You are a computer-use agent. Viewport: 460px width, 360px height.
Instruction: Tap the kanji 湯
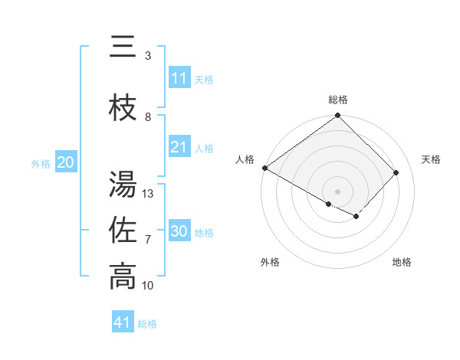123,184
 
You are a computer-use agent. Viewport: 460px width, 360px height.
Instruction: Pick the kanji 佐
123,231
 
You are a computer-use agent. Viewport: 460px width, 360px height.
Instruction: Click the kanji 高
123,277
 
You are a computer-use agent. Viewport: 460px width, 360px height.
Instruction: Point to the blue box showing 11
179,78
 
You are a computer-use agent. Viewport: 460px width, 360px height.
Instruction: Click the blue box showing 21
179,147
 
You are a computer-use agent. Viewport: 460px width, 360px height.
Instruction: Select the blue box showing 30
179,231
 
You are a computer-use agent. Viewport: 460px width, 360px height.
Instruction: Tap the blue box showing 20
66,162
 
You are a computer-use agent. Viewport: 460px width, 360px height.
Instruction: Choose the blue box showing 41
123,322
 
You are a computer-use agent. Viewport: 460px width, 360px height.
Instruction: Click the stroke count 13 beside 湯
148,194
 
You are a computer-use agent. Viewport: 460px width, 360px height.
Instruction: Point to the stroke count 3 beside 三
148,56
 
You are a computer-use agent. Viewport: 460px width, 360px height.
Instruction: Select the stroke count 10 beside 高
148,286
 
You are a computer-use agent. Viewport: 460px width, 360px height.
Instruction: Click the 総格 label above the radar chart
338,100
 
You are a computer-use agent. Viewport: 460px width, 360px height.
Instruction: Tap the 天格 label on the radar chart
431,159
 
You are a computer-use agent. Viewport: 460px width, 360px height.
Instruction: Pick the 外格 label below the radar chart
270,262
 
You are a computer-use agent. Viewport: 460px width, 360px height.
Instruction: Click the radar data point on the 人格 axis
264,168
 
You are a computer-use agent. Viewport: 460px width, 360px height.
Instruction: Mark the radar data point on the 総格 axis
338,116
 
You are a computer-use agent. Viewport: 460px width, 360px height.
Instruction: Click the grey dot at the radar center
338,191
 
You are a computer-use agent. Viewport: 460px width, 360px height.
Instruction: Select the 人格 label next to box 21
204,148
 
